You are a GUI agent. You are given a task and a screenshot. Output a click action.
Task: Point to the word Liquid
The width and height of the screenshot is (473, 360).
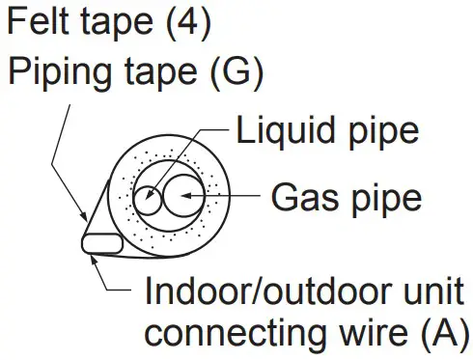coord(280,131)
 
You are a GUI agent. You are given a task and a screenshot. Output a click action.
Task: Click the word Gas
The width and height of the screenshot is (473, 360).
coord(305,198)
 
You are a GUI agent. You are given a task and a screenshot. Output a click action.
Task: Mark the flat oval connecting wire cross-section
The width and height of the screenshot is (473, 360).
coord(100,241)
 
